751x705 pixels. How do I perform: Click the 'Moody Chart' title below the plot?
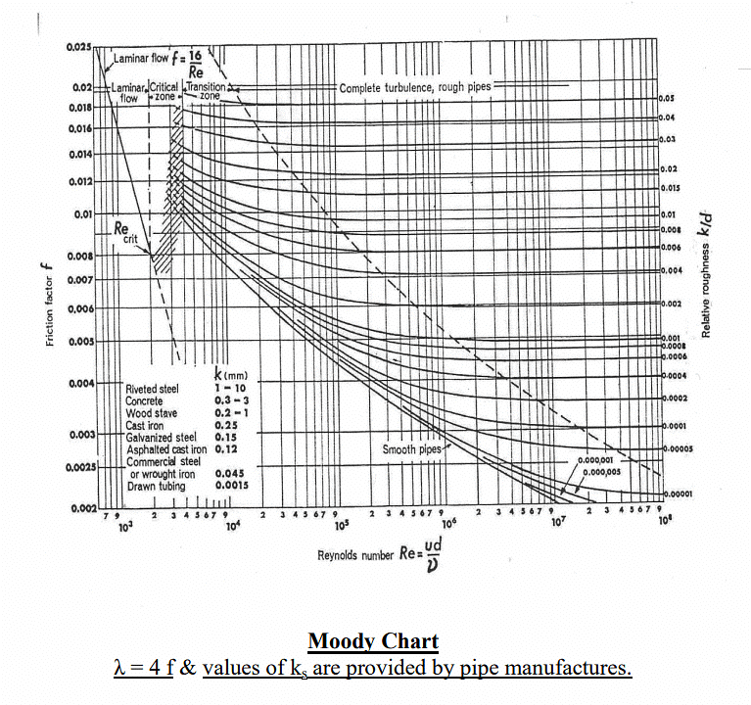373,642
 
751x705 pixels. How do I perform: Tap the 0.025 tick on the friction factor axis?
79,48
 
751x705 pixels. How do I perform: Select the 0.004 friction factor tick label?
79,382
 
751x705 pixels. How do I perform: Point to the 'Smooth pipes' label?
412,449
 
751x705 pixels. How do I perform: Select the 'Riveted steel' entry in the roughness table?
153,390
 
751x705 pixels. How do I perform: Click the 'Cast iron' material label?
148,425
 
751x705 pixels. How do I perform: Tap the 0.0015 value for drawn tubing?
232,484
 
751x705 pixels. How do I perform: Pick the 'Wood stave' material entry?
151,413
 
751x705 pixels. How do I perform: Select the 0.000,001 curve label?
596,459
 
